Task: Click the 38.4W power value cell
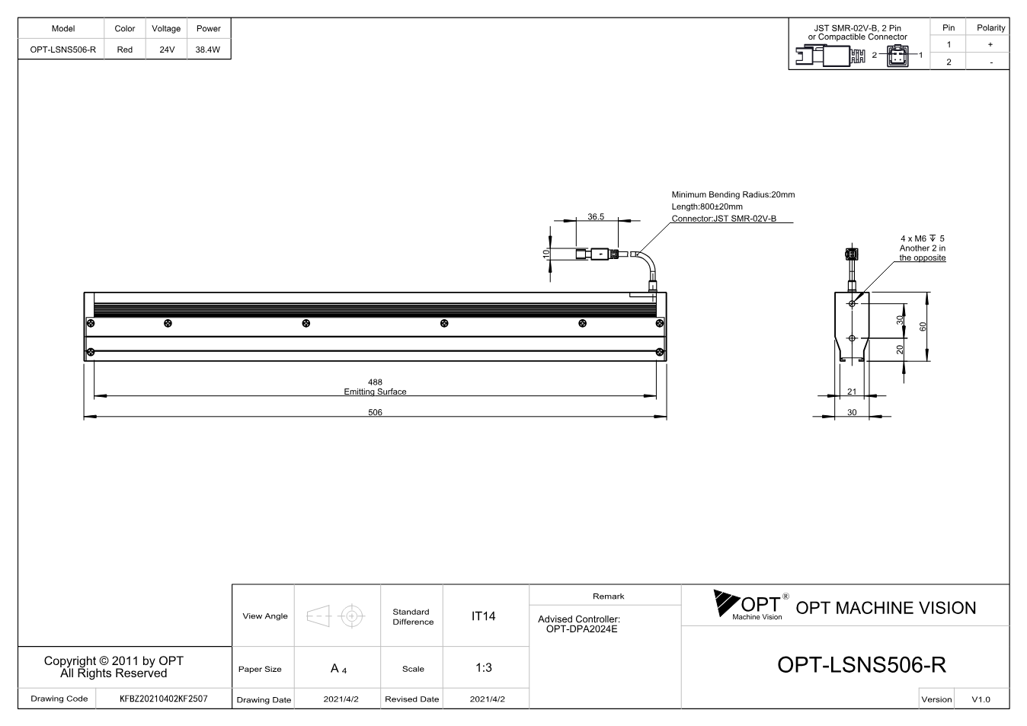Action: tap(208, 50)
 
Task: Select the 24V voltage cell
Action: tap(167, 50)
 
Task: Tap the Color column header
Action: tap(125, 28)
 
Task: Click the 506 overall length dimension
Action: tap(375, 412)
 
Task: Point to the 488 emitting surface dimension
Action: tap(375, 382)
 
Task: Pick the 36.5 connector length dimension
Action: tap(596, 216)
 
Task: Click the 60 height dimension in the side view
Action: tap(923, 326)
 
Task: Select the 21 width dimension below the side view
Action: tap(852, 392)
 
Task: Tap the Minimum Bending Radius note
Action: tap(733, 194)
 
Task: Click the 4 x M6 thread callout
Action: tap(923, 238)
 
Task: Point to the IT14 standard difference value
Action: tap(483, 616)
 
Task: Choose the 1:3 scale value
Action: tap(484, 667)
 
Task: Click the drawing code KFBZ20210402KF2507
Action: tap(164, 699)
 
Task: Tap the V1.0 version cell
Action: tap(981, 699)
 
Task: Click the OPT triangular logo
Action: tap(726, 603)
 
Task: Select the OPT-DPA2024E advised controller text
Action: tap(581, 628)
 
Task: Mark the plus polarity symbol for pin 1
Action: tap(990, 44)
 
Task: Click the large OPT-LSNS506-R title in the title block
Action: tap(862, 664)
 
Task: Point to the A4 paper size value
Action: tap(338, 668)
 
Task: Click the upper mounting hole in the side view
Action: tap(852, 303)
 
